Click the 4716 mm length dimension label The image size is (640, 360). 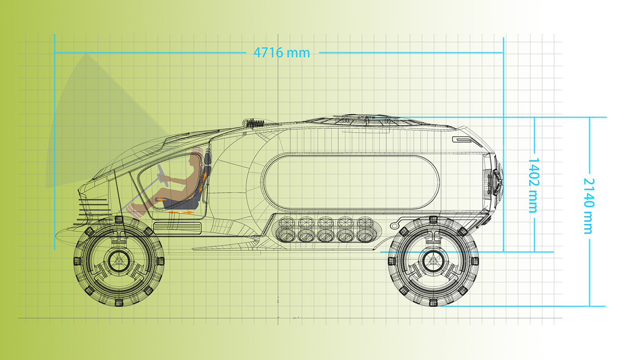click(282, 53)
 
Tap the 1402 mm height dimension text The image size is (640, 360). click(533, 185)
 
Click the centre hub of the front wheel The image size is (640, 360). click(119, 261)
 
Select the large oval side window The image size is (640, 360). click(351, 181)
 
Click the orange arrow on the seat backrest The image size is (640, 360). click(203, 180)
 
